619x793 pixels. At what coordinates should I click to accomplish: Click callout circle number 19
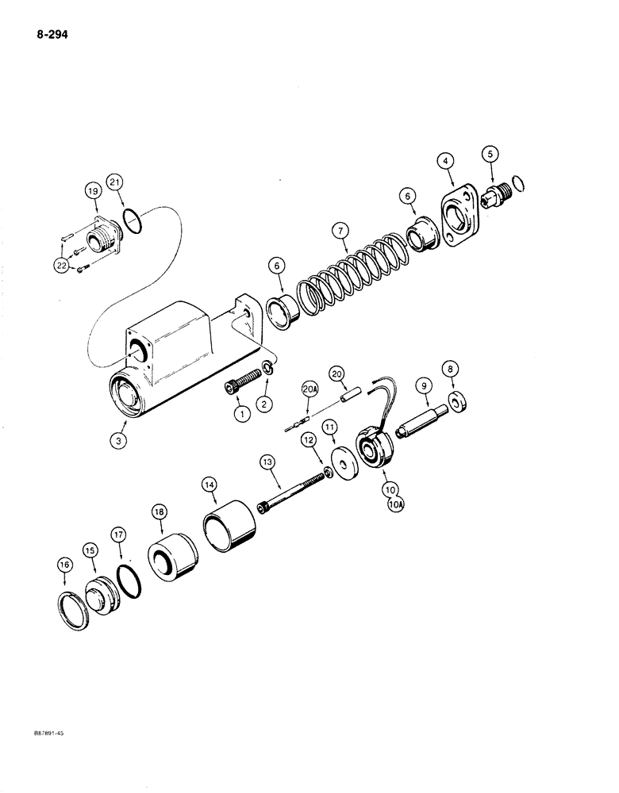point(92,192)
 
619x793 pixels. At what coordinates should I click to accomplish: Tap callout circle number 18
point(160,513)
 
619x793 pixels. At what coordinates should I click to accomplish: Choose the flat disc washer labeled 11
point(344,463)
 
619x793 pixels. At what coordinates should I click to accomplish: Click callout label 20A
point(309,389)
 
